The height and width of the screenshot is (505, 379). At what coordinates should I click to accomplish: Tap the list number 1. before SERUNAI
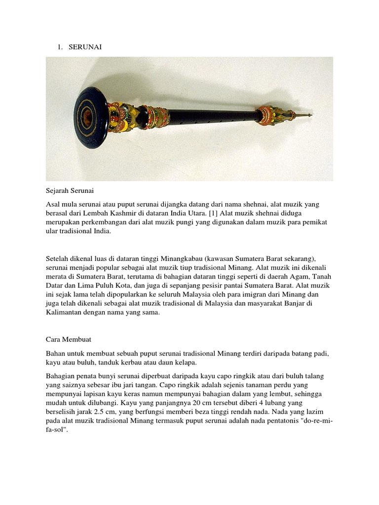(x=60, y=47)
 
